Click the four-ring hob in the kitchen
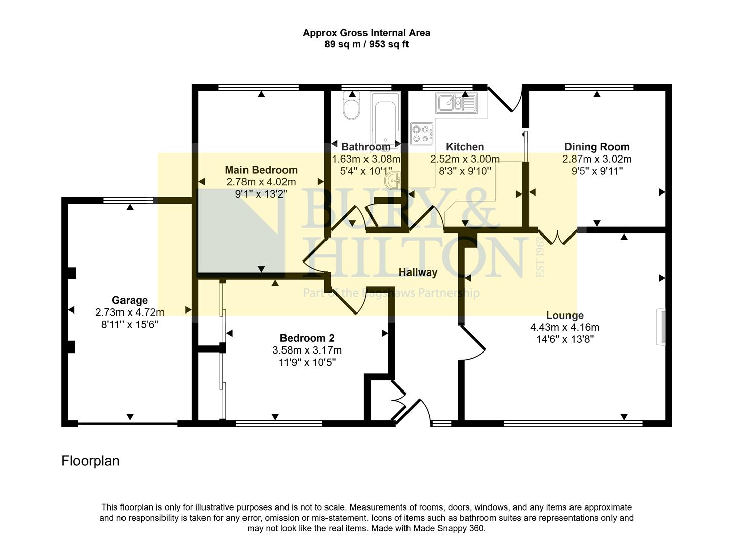click(422, 133)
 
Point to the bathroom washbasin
click(394, 180)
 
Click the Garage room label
click(130, 300)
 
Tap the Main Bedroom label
click(261, 170)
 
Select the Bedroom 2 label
click(307, 338)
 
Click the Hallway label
click(418, 272)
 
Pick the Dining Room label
click(597, 147)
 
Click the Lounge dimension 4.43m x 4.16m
click(564, 327)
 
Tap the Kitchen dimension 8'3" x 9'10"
click(465, 171)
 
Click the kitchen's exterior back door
click(504, 99)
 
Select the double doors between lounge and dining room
click(557, 236)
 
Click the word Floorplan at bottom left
click(91, 461)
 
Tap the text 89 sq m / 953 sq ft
click(366, 44)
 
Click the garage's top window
click(128, 200)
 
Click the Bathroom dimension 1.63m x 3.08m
click(365, 159)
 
